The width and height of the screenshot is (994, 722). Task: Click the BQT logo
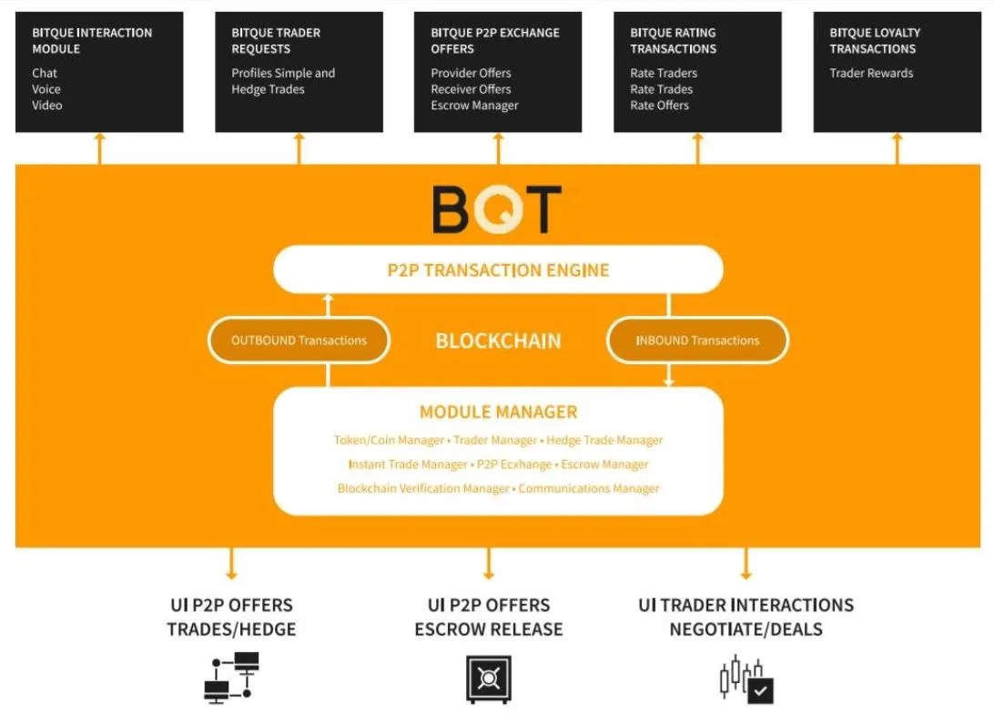(497, 209)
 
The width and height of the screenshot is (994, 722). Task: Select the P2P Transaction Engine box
(498, 269)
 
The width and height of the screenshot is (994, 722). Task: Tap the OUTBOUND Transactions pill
(299, 341)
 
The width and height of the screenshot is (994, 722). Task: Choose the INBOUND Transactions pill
(697, 341)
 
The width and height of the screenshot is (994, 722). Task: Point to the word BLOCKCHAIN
(498, 341)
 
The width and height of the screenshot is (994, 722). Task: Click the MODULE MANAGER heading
(498, 412)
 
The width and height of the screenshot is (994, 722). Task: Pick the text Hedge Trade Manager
(604, 440)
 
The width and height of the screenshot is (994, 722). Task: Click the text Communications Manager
(589, 488)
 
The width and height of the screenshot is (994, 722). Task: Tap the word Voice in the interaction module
(46, 89)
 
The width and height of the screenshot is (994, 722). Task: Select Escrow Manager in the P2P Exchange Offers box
(475, 106)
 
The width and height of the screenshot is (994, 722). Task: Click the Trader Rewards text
(871, 73)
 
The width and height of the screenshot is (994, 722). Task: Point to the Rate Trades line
(661, 89)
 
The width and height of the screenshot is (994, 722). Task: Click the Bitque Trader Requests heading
(276, 41)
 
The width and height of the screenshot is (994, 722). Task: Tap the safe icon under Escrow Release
(488, 679)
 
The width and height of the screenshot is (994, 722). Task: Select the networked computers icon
(231, 677)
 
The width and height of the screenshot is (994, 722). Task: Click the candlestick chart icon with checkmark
(746, 679)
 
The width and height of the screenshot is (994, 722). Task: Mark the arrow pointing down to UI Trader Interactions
(745, 564)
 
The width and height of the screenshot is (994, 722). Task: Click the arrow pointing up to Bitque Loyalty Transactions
(897, 148)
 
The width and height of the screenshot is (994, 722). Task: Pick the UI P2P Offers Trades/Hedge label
(231, 616)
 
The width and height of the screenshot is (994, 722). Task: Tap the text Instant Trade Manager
(408, 464)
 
